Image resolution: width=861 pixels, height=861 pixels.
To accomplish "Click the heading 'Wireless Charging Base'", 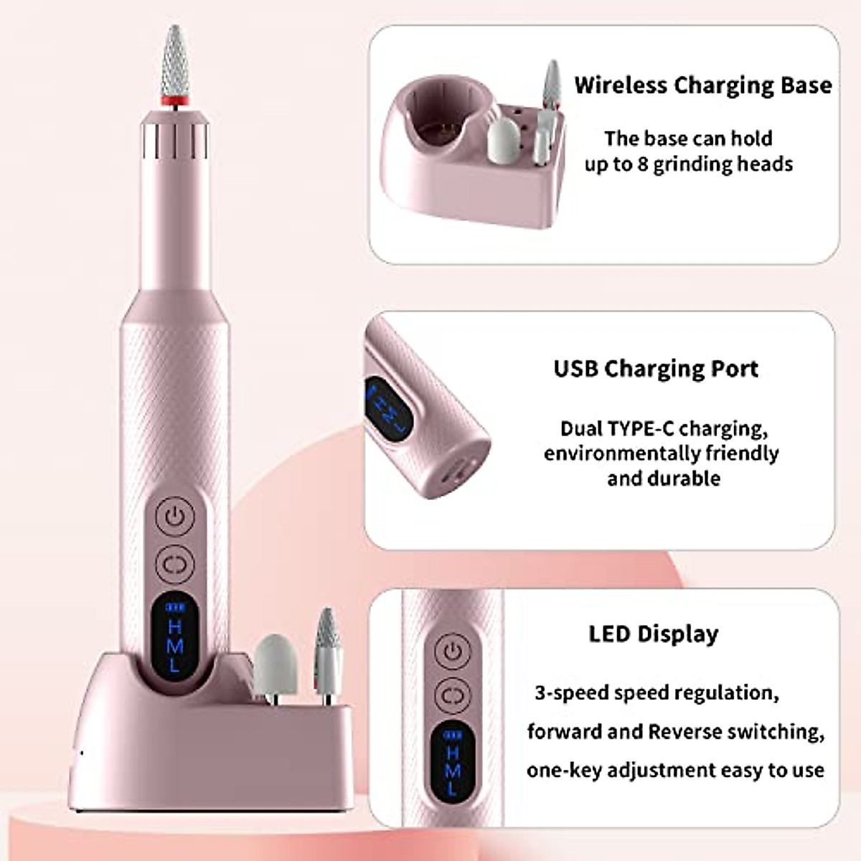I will tap(702, 85).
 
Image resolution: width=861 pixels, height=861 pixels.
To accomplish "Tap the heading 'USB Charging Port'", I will tap(656, 368).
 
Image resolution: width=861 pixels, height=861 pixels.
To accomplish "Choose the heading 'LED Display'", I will tap(653, 634).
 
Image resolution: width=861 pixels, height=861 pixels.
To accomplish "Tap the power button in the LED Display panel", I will tap(453, 651).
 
